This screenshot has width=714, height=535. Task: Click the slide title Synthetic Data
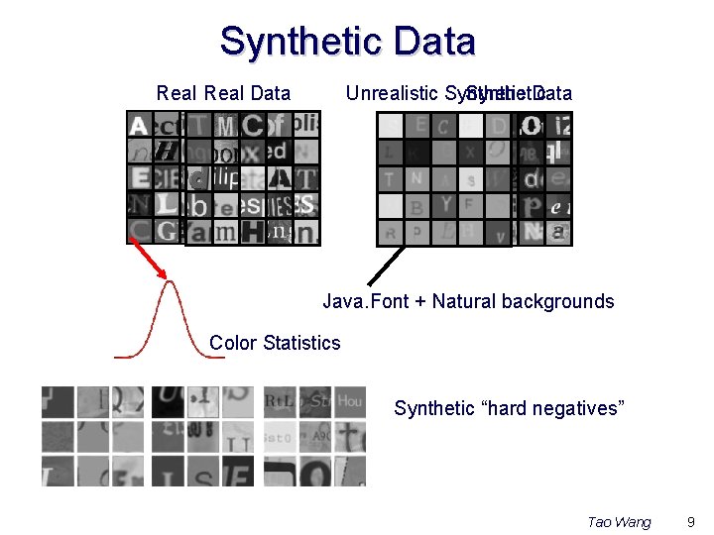click(x=347, y=42)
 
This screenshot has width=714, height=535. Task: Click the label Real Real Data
click(x=223, y=93)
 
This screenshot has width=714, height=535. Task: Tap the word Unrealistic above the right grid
click(x=391, y=93)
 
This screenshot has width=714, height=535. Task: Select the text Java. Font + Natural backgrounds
click(x=468, y=301)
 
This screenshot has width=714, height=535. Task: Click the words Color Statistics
click(x=275, y=343)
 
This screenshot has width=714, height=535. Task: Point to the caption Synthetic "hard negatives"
click(x=509, y=408)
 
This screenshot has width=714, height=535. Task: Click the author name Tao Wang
click(x=619, y=521)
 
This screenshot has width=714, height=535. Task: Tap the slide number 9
click(x=691, y=521)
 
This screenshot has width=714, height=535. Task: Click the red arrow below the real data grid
click(x=148, y=261)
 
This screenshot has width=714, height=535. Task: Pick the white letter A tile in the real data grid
click(x=139, y=125)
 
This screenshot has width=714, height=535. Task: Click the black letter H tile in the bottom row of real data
click(x=253, y=231)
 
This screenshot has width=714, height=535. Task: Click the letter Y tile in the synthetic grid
click(x=445, y=204)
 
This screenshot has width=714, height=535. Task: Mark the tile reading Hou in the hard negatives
click(x=349, y=401)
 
